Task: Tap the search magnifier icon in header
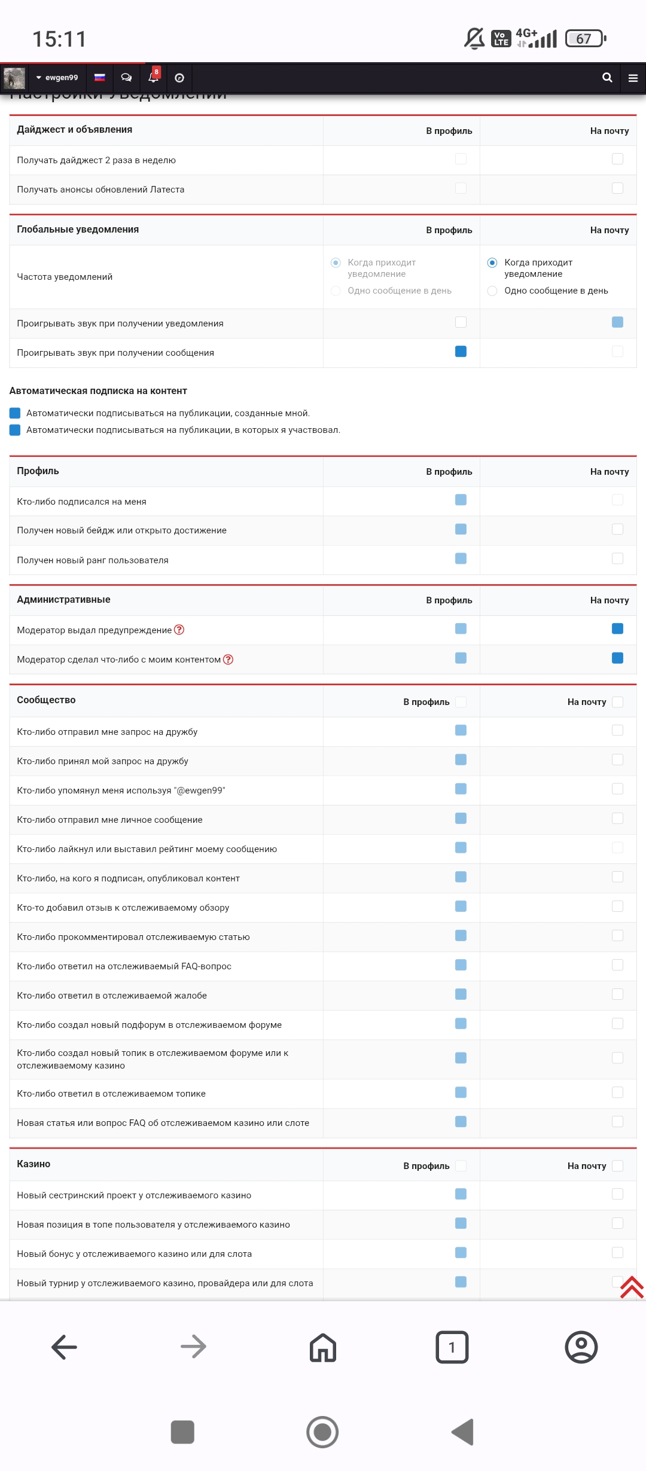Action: pos(607,78)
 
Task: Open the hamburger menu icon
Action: pos(633,78)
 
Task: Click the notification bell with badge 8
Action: pos(154,77)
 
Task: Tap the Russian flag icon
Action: pos(100,77)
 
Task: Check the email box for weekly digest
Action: pos(617,159)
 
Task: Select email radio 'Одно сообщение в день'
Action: pos(492,291)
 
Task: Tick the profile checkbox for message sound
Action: pos(461,352)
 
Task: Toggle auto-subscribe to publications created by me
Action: pos(16,413)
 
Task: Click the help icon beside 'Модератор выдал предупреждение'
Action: pos(179,630)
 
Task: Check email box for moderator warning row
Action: pos(617,628)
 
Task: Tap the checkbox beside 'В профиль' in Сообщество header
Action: pos(461,702)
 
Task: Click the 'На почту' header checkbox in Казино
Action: pos(617,1166)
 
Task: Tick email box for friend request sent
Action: pos(617,730)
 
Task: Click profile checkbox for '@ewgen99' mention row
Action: pos(461,789)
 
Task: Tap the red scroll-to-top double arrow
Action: pos(632,1287)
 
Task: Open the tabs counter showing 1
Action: pos(452,1347)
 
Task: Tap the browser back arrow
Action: pos(65,1347)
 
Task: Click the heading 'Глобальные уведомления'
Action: pos(78,230)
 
